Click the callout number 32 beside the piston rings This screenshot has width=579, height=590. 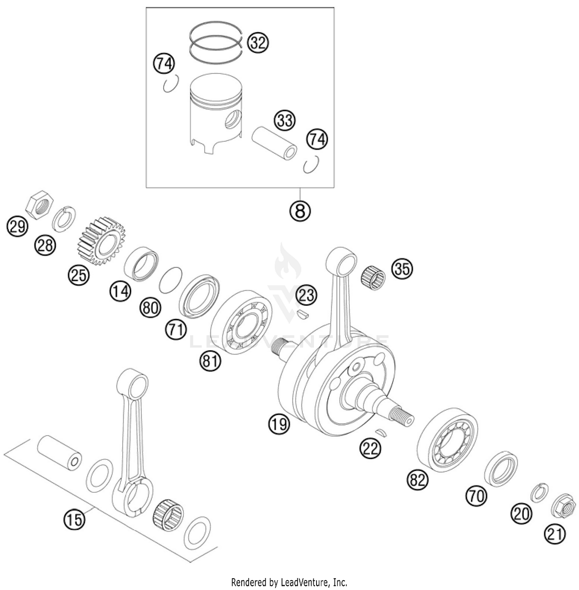pyautogui.click(x=258, y=42)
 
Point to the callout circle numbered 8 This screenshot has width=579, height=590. pyautogui.click(x=300, y=211)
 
